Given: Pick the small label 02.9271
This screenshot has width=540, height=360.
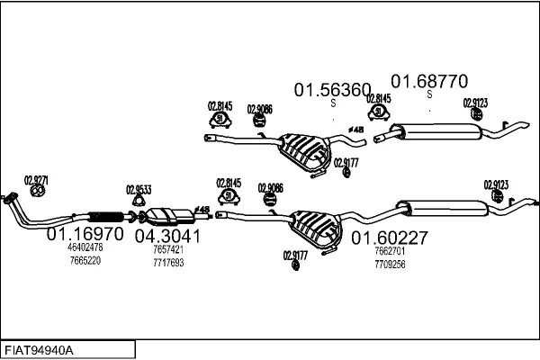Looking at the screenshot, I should (x=36, y=179).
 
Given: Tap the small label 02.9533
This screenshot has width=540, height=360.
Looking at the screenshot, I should (x=137, y=190).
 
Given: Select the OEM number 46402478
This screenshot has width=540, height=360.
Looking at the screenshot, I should (x=85, y=247).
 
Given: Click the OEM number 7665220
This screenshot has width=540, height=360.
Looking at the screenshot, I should (x=85, y=260).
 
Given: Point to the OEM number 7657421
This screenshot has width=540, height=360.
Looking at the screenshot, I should (x=168, y=250).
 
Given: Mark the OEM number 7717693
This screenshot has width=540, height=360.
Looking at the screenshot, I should (x=168, y=263).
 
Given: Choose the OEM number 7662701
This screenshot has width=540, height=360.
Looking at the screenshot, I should (x=390, y=252).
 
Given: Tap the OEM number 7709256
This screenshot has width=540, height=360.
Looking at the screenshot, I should (x=390, y=265).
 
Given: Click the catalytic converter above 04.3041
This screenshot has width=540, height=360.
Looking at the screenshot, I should (x=167, y=215).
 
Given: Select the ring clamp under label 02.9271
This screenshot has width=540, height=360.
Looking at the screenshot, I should (x=37, y=191).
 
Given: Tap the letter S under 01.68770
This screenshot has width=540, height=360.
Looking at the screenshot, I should (x=429, y=94).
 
